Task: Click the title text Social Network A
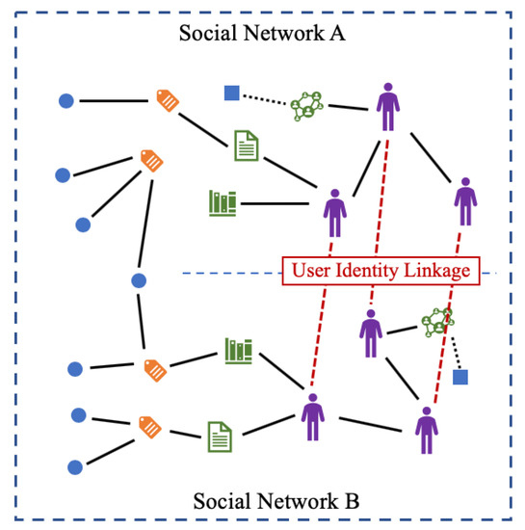pos(263,35)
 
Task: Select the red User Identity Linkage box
pos(381,272)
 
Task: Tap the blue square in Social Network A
pos(231,93)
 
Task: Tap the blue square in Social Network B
pos(460,377)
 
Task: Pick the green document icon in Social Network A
pos(247,146)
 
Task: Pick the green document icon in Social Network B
pos(220,437)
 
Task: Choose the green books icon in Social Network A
pos(223,202)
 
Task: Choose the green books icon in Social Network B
pos(238,351)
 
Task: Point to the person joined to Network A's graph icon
pos(387,106)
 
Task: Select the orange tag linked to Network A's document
pos(168,99)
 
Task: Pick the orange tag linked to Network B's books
pos(154,368)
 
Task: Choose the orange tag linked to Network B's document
pos(148,424)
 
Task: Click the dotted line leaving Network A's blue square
pos(264,100)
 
